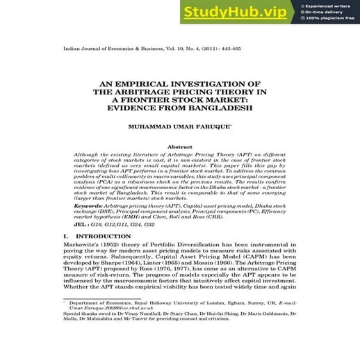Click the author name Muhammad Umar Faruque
pos(180,128)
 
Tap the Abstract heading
pos(180,147)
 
